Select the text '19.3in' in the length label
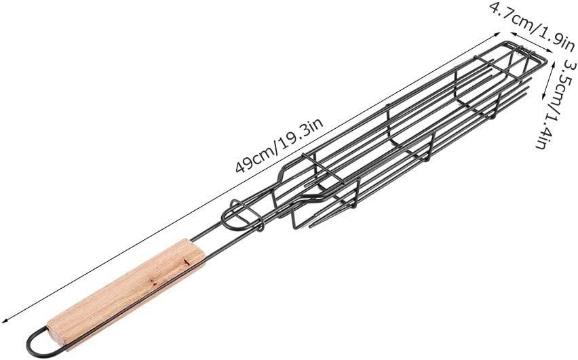tap(301, 133)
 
